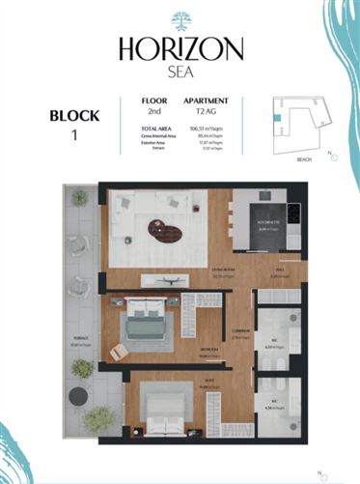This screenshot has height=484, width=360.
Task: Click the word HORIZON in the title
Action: tap(180, 48)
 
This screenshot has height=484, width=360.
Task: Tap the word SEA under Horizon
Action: tap(180, 71)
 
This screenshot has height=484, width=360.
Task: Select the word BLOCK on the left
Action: tap(72, 116)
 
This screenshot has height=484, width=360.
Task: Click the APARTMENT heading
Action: tap(205, 100)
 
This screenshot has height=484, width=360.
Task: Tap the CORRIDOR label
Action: tap(242, 334)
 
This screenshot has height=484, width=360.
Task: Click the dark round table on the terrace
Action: tap(80, 395)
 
